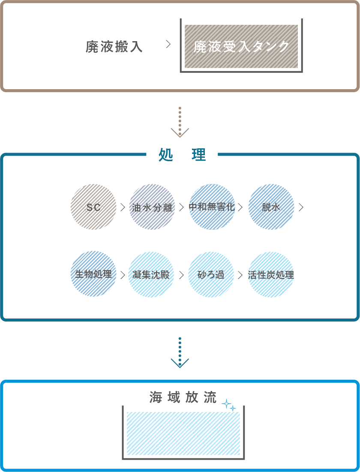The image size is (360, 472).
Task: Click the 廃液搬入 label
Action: (x=114, y=47)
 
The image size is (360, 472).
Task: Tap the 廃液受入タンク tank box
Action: (x=241, y=47)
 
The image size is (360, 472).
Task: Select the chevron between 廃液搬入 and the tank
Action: (x=168, y=45)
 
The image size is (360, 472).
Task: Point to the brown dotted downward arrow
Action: (x=180, y=122)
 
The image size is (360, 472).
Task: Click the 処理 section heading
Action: (x=182, y=155)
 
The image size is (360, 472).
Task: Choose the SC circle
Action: (x=93, y=207)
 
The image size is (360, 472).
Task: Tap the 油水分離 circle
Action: (x=152, y=207)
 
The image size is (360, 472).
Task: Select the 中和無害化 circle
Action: (x=212, y=207)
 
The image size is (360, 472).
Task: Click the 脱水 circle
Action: (x=271, y=207)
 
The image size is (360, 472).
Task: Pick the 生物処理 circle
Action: (x=93, y=274)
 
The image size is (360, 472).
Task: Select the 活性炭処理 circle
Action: (x=271, y=274)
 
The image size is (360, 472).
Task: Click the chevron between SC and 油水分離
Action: (x=123, y=207)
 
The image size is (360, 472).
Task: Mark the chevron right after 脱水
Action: (x=301, y=207)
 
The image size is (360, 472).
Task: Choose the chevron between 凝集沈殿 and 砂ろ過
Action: (x=181, y=274)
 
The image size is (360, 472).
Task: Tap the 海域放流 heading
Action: (x=183, y=398)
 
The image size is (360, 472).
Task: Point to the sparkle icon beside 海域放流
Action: (x=229, y=405)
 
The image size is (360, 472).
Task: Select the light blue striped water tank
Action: (x=183, y=433)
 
